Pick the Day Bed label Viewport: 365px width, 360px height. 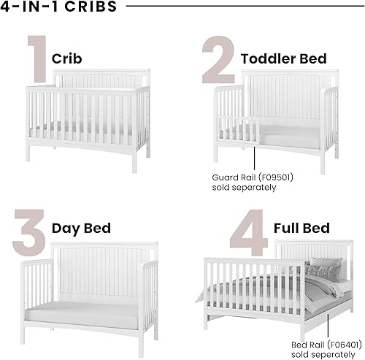(81, 228)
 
